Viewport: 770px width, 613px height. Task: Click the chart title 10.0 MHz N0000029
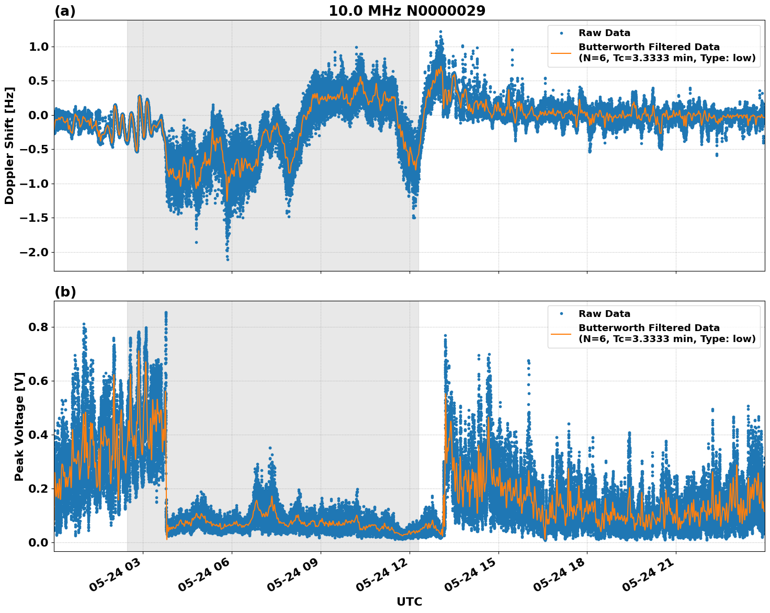(406, 10)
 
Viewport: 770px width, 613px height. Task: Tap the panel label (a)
(65, 11)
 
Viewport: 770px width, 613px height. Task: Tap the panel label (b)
(65, 292)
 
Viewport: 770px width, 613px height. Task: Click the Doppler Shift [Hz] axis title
(9, 145)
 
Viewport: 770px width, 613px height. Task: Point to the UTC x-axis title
(409, 601)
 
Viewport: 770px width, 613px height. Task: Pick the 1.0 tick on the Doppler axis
(38, 47)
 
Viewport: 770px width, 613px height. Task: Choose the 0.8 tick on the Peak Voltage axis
(38, 327)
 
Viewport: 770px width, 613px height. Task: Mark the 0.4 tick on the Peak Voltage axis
(38, 435)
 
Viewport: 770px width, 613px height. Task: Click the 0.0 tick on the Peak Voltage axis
(38, 542)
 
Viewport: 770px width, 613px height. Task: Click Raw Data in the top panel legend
(604, 33)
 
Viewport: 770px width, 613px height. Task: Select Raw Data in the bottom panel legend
(604, 314)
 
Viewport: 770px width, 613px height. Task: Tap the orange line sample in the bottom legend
(561, 333)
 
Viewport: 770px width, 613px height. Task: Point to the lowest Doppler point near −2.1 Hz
(228, 259)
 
